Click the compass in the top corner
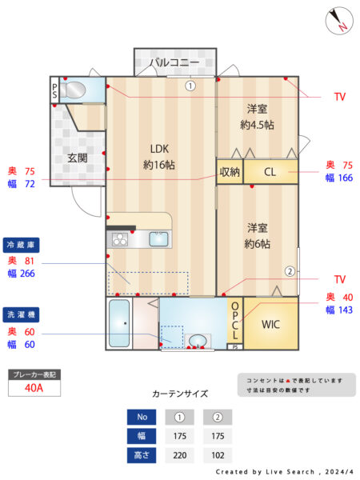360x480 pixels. pos(339,21)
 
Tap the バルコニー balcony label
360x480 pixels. pos(174,62)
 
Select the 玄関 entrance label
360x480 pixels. pos(78,158)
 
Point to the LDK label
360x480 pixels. pos(159,149)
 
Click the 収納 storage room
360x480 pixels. pos(230,172)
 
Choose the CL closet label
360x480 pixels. pos(270,172)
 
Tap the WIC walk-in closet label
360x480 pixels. pos(270,324)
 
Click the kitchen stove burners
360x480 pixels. pos(120,239)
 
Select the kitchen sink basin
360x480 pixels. pos(158,239)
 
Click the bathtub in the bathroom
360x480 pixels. pos(119,323)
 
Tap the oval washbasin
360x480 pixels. pos(198,341)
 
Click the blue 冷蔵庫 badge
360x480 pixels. pos(21,245)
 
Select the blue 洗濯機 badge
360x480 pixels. pos(21,314)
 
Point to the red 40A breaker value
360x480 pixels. pos(34,388)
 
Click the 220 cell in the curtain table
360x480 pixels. pos(180,455)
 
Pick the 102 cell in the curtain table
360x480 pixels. pos(218,455)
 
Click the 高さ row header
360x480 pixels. pos(142,455)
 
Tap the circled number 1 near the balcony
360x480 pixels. pos(190,86)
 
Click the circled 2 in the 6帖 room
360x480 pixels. pos(290,271)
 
